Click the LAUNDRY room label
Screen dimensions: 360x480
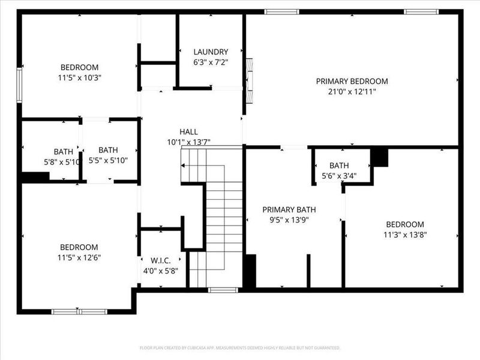[x=211, y=52]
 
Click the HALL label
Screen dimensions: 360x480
[x=188, y=132]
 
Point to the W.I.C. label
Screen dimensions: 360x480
[x=160, y=260]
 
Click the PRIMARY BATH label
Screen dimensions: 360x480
[x=289, y=209]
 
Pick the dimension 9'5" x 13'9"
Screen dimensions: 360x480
[x=289, y=220]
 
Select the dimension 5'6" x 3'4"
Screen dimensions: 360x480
[x=339, y=176]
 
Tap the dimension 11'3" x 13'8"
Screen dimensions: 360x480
[x=405, y=235]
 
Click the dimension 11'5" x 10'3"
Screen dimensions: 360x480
[x=79, y=78]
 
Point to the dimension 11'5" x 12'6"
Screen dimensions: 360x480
[x=79, y=258]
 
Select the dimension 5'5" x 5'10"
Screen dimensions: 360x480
[x=109, y=161]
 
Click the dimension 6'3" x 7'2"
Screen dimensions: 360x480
[x=211, y=62]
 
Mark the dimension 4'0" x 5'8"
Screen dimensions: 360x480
[x=160, y=271]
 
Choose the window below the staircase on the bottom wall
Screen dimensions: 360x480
[x=223, y=290]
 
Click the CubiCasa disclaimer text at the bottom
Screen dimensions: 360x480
[x=240, y=347]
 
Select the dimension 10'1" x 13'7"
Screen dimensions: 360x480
[x=188, y=143]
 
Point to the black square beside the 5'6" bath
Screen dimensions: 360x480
[x=379, y=158]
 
